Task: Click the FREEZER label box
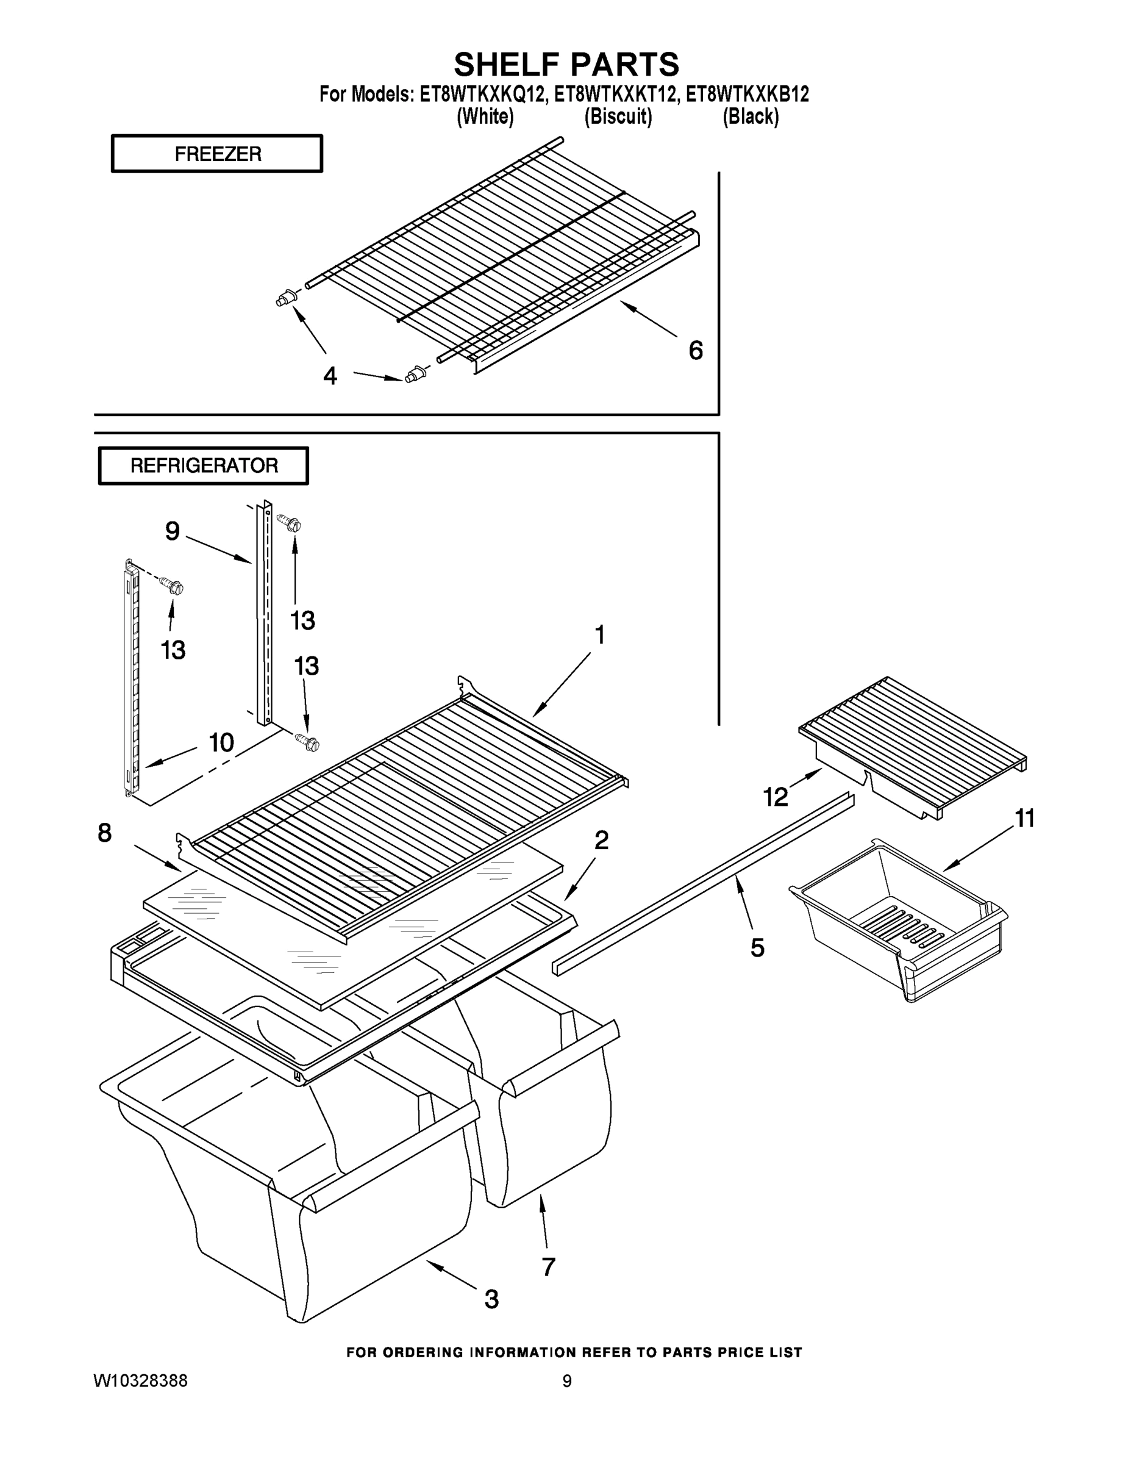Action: click(216, 154)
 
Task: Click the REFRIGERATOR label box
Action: click(203, 465)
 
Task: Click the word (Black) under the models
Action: click(750, 117)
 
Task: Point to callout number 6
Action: click(696, 351)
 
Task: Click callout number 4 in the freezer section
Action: click(330, 376)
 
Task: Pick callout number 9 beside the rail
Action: click(173, 531)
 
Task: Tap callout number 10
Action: click(221, 743)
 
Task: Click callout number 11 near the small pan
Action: click(1024, 819)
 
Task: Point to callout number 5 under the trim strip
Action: click(757, 948)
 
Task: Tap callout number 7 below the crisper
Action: click(548, 1267)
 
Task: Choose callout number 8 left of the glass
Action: click(104, 833)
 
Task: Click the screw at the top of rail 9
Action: click(291, 523)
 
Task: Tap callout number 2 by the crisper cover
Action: click(601, 840)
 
